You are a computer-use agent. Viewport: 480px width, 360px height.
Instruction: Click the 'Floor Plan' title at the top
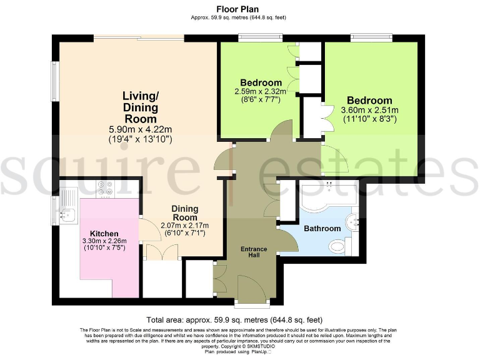point(240,9)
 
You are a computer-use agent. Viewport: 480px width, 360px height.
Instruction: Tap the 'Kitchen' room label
point(104,233)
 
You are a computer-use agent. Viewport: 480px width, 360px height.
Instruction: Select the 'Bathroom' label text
point(322,229)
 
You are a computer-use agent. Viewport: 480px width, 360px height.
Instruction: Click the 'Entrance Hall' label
point(254,252)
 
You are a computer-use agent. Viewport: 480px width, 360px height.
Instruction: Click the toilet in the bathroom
point(337,246)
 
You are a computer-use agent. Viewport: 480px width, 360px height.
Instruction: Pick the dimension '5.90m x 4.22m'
point(140,129)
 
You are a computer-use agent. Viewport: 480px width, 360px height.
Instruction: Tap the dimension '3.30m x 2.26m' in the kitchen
point(104,241)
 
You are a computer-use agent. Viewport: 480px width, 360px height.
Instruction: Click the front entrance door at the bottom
point(252,292)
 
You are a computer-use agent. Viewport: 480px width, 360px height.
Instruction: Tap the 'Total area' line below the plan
point(240,319)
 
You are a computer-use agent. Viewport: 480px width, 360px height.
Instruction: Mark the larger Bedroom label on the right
point(369,101)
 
